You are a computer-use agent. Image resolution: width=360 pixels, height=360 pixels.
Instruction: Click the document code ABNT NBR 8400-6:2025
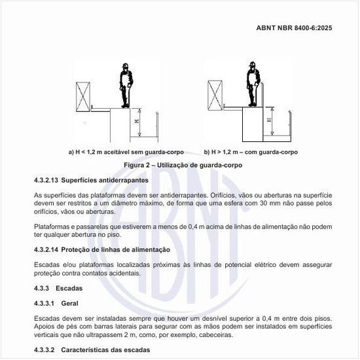coord(294,27)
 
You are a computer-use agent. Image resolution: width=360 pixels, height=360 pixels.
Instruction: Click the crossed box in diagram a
coord(83,97)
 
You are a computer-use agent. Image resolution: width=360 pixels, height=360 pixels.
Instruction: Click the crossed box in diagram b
coord(215,96)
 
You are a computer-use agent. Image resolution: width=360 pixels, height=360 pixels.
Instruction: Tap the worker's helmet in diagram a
coord(125,65)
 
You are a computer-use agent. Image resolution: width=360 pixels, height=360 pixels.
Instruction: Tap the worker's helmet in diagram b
coord(252,63)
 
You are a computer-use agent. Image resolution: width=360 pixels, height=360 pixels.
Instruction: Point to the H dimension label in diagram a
coord(136,121)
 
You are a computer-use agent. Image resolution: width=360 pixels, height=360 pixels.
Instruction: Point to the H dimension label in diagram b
coord(269,120)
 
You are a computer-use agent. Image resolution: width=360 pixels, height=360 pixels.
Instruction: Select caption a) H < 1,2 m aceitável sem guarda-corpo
coord(126,152)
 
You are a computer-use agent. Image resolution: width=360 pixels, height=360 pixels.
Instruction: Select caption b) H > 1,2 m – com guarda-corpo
coord(251,152)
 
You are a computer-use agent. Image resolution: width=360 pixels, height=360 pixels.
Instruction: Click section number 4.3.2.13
coord(46,180)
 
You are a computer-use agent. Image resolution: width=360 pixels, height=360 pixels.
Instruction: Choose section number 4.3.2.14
coord(46,249)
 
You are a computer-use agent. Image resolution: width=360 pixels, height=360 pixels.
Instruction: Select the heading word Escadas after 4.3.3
coord(69,288)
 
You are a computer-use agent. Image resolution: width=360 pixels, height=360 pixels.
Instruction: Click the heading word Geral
coord(69,303)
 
